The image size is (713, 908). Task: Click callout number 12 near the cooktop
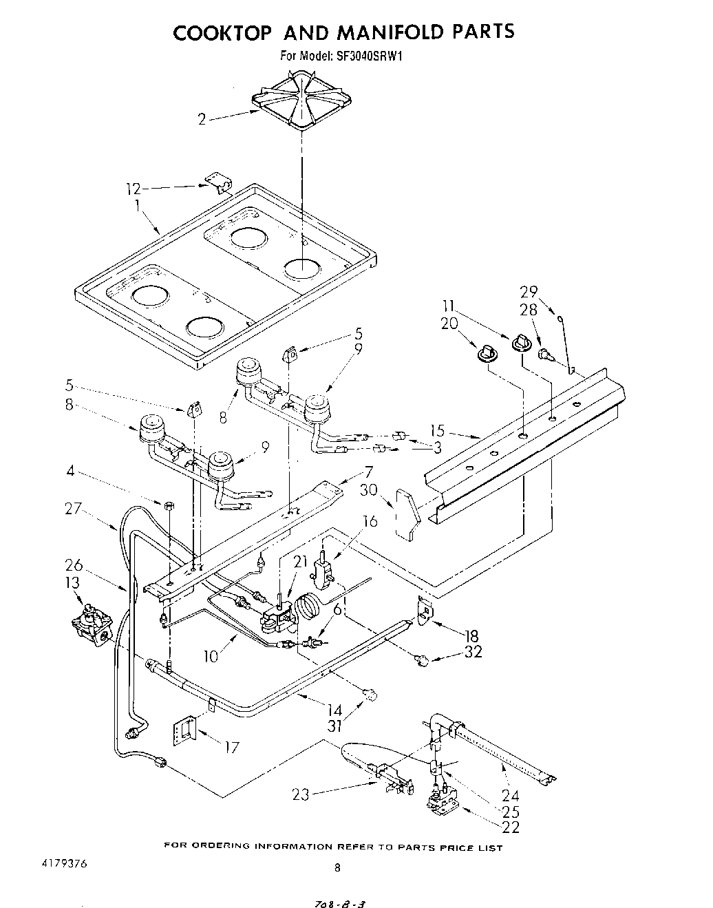coord(132,188)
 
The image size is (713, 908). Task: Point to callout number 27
coord(73,509)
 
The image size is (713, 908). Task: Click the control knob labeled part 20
coord(488,352)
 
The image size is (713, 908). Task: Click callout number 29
coord(529,292)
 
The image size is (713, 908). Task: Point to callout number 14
coord(334,710)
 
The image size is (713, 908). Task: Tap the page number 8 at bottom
coord(337,868)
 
